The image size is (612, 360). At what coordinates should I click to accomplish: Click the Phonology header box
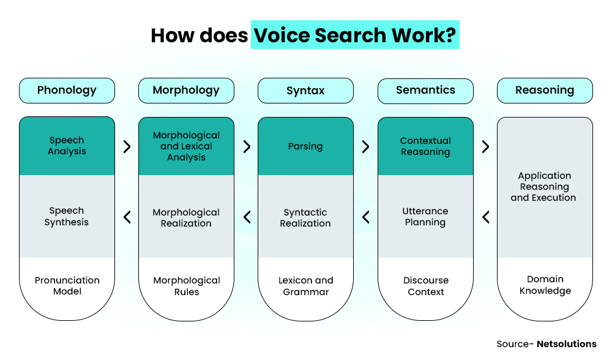67,90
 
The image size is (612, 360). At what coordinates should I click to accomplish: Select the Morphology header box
186,90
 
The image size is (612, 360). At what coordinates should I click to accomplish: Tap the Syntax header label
305,91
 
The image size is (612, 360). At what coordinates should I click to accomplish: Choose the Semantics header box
425,90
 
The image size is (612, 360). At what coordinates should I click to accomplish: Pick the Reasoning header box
545,90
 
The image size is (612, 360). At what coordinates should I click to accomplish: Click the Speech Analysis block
67,146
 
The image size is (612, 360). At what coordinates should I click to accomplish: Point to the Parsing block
305,146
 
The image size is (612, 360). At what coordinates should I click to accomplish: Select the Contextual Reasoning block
425,146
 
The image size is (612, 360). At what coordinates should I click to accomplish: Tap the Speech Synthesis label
67,216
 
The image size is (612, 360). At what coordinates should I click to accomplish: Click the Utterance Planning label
425,217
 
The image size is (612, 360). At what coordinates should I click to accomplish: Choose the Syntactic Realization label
305,217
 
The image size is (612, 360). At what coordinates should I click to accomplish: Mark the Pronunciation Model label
67,286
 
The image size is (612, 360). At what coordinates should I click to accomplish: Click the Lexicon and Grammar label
305,286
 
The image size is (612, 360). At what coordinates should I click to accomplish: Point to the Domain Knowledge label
545,285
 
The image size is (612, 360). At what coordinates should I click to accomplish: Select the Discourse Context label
425,286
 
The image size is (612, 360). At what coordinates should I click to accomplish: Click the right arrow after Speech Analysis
127,147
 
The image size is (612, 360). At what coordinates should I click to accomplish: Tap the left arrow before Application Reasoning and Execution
485,217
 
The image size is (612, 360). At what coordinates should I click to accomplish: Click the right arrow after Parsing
366,147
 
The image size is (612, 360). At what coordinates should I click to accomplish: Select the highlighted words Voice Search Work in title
355,36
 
